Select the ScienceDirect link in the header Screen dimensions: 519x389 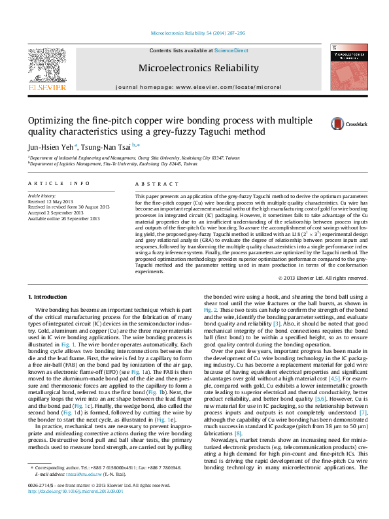coord(231,50)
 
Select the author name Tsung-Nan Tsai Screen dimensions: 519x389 coord(107,146)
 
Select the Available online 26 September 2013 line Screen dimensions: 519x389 coord(63,218)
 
